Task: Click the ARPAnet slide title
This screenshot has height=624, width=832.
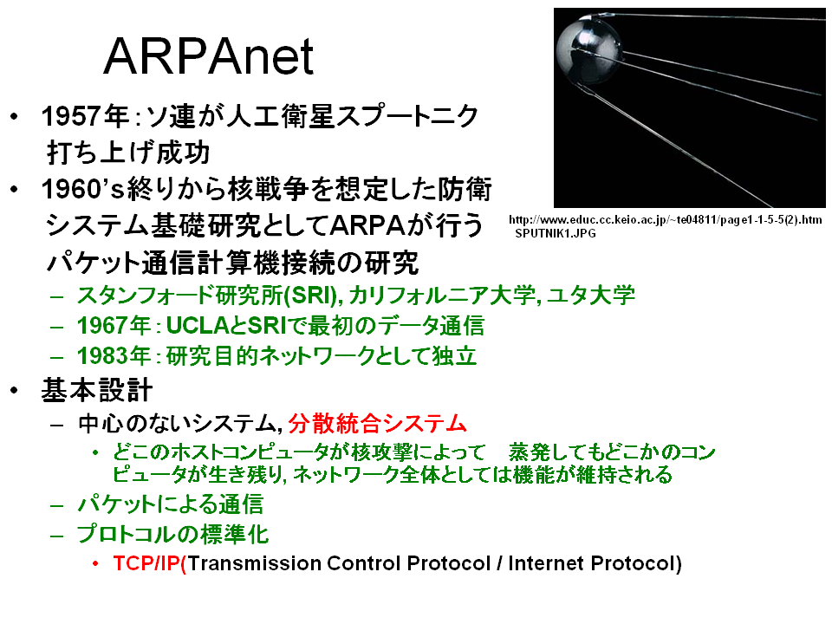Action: pyautogui.click(x=209, y=56)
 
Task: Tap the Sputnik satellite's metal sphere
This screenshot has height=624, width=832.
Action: pyautogui.click(x=588, y=49)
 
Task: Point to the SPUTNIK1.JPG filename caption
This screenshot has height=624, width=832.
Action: pyautogui.click(x=556, y=233)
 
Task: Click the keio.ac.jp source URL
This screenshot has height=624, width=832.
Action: pyautogui.click(x=666, y=219)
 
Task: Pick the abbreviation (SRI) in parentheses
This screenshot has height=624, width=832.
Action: pyautogui.click(x=311, y=296)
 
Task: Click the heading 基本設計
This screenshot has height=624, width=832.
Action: pyautogui.click(x=97, y=391)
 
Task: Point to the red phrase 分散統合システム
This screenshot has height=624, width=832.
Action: pyautogui.click(x=377, y=424)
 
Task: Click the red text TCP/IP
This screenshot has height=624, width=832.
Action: pyautogui.click(x=147, y=563)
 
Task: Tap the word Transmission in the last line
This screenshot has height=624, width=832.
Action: pyautogui.click(x=254, y=563)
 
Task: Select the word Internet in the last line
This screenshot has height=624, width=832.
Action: pyautogui.click(x=546, y=563)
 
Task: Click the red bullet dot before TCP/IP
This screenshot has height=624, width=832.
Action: pyautogui.click(x=95, y=563)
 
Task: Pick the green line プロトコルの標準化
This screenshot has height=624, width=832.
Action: pyautogui.click(x=173, y=534)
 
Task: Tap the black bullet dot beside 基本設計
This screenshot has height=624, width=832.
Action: pyautogui.click(x=15, y=391)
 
